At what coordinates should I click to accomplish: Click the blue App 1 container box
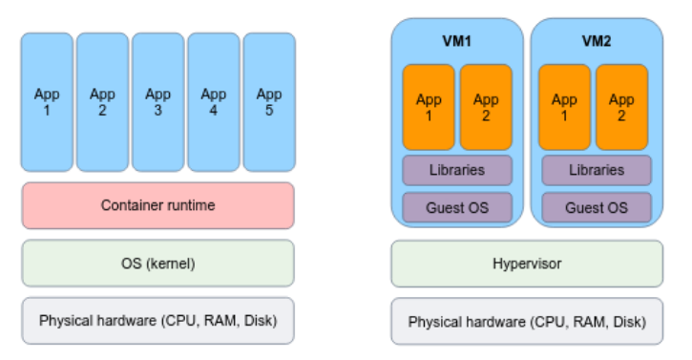coord(47,102)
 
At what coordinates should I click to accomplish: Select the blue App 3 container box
coord(158,102)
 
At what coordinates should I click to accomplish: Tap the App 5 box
coord(269,102)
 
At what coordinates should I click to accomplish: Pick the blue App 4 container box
coord(214,102)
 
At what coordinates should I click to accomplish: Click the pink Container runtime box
coord(158,205)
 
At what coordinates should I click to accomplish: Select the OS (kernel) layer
coord(158,264)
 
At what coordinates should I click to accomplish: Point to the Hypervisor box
coord(527,264)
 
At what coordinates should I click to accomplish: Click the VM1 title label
coord(457,41)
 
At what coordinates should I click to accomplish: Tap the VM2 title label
coord(597,41)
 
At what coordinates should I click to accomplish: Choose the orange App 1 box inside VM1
coord(429,107)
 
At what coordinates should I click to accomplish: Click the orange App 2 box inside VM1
coord(486,107)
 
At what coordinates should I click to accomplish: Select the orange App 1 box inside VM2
coord(564,107)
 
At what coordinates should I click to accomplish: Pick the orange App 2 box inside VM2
coord(621,107)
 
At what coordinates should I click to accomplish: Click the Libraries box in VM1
coord(457,170)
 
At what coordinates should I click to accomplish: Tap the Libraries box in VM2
coord(597,170)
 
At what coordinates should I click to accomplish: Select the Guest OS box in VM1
coord(457,207)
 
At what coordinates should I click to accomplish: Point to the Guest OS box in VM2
coord(597,207)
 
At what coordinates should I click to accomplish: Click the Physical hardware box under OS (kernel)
coord(158,321)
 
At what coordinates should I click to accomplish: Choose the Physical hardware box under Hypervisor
coord(527,321)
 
